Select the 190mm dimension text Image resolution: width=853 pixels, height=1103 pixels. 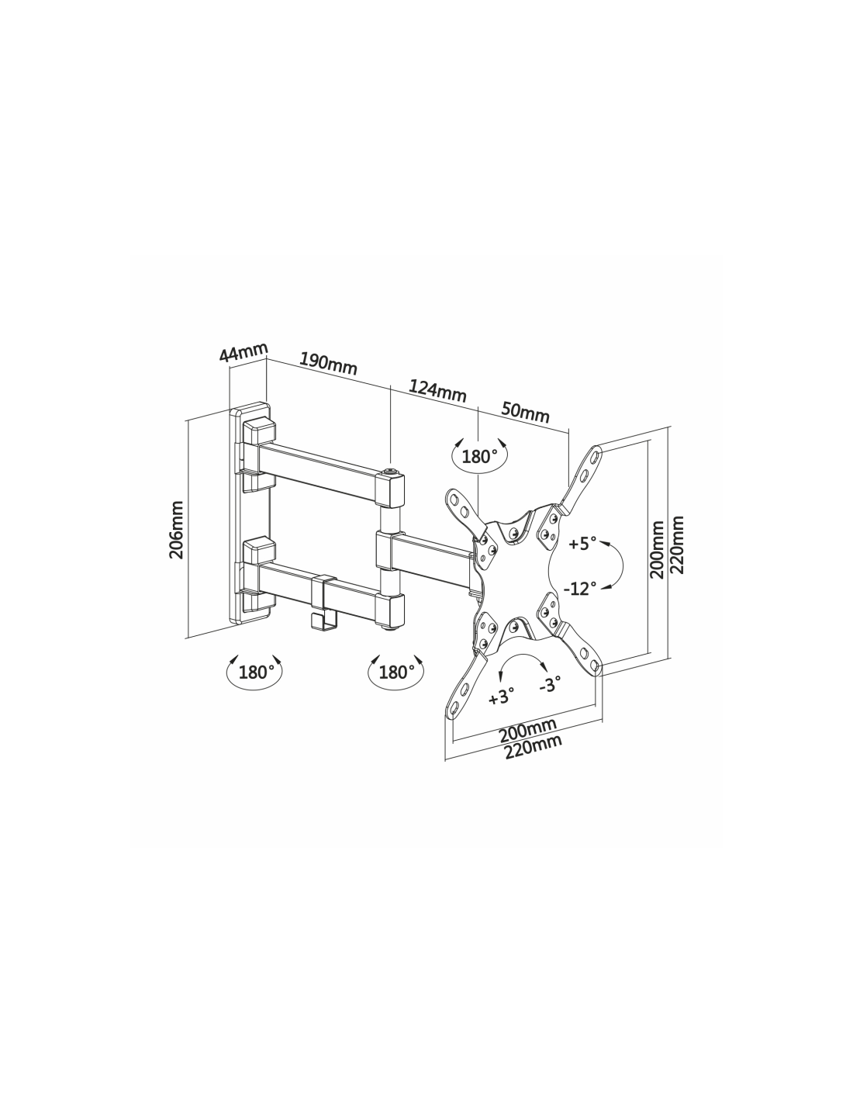click(x=328, y=363)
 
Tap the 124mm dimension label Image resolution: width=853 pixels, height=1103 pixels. click(x=437, y=391)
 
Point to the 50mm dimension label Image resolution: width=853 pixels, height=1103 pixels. click(x=525, y=412)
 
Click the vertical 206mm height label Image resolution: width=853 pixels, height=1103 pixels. click(x=176, y=530)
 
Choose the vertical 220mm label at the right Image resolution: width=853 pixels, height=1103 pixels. click(x=677, y=545)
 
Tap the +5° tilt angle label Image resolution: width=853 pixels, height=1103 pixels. click(x=582, y=544)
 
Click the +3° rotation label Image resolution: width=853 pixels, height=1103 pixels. click(x=501, y=697)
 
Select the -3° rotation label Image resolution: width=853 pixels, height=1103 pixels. click(x=550, y=684)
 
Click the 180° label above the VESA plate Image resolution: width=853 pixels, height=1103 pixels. click(x=476, y=457)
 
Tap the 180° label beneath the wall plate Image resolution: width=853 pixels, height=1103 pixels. click(x=253, y=672)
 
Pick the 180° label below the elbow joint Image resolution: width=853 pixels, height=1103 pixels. click(x=393, y=672)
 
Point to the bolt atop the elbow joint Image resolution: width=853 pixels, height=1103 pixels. click(x=390, y=472)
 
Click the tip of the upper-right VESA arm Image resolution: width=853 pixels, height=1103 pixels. click(x=596, y=448)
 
